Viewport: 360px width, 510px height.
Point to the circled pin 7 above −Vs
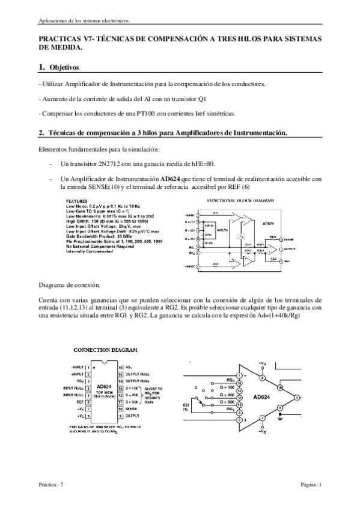[x=262, y=417]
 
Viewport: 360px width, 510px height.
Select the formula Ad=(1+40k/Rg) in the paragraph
[x=267, y=316]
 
